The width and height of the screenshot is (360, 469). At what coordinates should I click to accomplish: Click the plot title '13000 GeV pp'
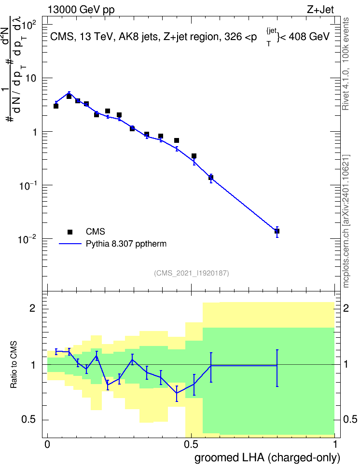point(81,10)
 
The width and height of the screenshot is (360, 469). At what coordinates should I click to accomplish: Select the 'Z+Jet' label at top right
point(320,10)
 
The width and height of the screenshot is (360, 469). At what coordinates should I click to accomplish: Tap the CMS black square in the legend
point(70,232)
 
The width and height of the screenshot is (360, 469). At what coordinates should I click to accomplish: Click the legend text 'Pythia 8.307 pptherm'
point(126,244)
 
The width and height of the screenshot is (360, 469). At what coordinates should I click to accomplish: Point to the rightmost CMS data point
point(277,231)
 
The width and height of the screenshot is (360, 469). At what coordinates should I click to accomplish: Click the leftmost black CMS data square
point(56,106)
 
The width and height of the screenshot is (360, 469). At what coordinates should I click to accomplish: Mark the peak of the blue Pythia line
point(69,93)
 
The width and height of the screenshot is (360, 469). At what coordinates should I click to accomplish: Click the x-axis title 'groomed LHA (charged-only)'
point(267,457)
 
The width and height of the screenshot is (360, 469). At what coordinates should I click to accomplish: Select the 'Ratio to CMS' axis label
point(14,364)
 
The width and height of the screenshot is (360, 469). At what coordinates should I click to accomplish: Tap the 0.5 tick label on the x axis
point(191,444)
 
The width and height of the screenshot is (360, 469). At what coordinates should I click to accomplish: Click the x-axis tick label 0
point(47,444)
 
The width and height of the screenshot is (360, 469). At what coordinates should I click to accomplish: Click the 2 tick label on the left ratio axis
point(32,308)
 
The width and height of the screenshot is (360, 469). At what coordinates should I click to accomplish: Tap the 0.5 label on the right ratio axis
point(350,419)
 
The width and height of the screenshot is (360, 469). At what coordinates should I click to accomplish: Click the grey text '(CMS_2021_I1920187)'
point(192,273)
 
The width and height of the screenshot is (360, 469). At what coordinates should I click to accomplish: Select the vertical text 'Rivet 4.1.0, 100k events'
point(346,64)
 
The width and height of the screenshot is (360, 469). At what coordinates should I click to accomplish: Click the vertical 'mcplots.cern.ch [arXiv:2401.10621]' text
point(346,221)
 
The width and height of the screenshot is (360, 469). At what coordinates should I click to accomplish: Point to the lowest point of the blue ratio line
point(177,393)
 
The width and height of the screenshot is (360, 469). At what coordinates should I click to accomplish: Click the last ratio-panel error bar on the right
point(277,368)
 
